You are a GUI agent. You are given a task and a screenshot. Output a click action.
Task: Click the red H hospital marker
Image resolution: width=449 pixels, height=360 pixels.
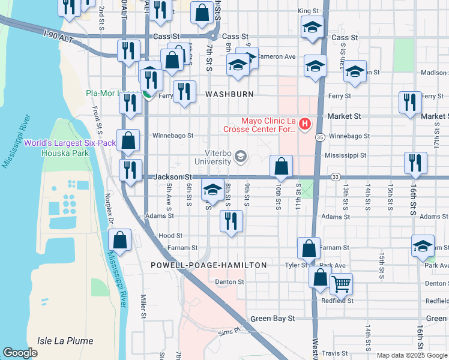pos(305,124)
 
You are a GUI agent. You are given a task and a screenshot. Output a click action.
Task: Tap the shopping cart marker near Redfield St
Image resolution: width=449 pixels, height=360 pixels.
pos(341,283)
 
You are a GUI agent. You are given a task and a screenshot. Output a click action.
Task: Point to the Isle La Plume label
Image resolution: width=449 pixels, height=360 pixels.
pos(65,341)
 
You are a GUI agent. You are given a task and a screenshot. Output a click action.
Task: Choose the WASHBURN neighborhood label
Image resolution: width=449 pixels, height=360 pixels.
pos(230,95)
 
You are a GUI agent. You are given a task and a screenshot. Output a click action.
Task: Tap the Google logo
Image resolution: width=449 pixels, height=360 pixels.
pos(20,353)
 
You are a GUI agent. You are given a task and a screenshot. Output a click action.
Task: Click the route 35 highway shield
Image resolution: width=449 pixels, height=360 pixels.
pos(321,137)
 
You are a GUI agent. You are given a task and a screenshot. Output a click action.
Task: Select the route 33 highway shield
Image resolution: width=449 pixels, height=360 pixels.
pos(335,177)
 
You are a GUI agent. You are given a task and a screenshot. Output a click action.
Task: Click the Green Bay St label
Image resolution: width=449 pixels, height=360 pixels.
pos(272,319)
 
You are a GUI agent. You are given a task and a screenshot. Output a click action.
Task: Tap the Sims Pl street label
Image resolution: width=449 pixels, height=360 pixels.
pos(229,331)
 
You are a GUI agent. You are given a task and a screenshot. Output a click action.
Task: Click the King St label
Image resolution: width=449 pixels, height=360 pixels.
pos(307,11)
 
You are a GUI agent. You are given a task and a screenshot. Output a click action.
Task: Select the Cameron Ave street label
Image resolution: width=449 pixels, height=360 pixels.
pos(277,57)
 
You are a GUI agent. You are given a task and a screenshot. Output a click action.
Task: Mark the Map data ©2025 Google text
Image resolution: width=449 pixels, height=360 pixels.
pos(411,355)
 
